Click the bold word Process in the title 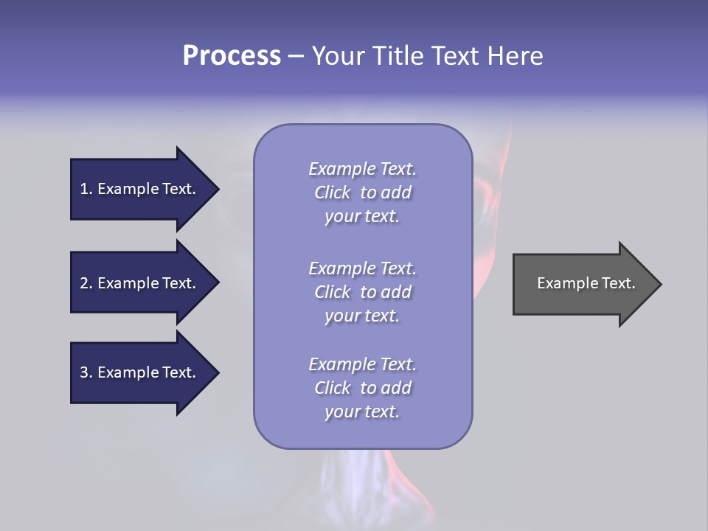point(232,56)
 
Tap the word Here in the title point(516,56)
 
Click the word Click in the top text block point(333,192)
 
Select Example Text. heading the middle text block point(362,268)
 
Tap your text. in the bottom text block point(362,412)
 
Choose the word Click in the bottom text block point(333,388)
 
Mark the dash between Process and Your point(296,56)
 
